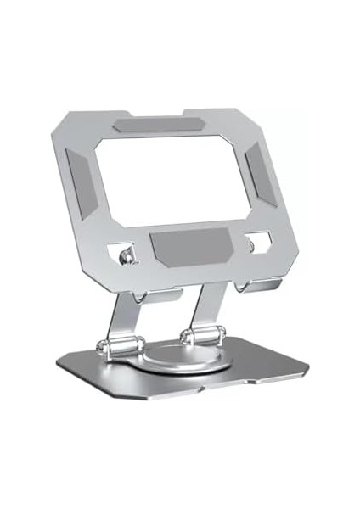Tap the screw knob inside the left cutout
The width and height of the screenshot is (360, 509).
coord(127,255)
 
